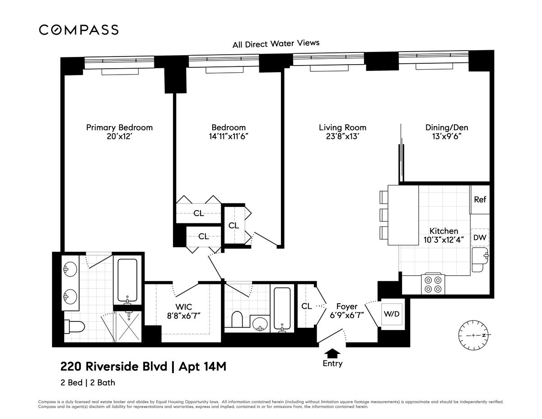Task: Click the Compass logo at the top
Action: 79,30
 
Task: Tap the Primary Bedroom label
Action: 119,127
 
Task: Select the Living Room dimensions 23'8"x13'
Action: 342,137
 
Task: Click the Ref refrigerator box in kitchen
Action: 480,199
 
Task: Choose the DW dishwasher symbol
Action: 480,237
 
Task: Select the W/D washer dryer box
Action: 391,314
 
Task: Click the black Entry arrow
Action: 332,353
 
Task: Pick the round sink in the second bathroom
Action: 259,324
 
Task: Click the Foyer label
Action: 347,306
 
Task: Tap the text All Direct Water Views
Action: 276,44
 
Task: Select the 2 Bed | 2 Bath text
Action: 88,383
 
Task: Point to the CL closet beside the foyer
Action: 307,306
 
